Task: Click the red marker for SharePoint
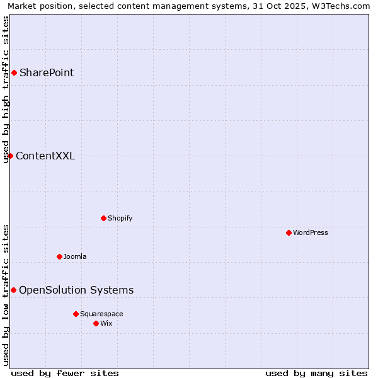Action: click(x=14, y=73)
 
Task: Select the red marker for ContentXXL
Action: click(x=11, y=156)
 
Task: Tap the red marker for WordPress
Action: click(x=289, y=233)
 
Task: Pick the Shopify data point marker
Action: click(x=103, y=219)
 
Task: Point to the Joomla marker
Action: click(x=59, y=257)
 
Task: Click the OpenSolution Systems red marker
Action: click(x=13, y=290)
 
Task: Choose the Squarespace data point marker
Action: click(x=76, y=314)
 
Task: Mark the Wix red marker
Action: click(x=96, y=324)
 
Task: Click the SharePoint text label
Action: click(x=47, y=73)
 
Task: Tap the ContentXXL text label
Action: click(x=45, y=156)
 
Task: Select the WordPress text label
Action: click(x=311, y=233)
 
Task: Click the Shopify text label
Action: click(x=120, y=219)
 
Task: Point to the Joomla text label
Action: click(x=75, y=257)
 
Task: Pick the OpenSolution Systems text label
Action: click(x=76, y=290)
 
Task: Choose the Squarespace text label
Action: click(x=101, y=314)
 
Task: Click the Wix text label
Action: click(x=106, y=324)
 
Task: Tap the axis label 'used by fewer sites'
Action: click(x=65, y=373)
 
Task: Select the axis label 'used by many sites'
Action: click(x=316, y=373)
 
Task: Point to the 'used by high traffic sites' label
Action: click(x=6, y=89)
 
